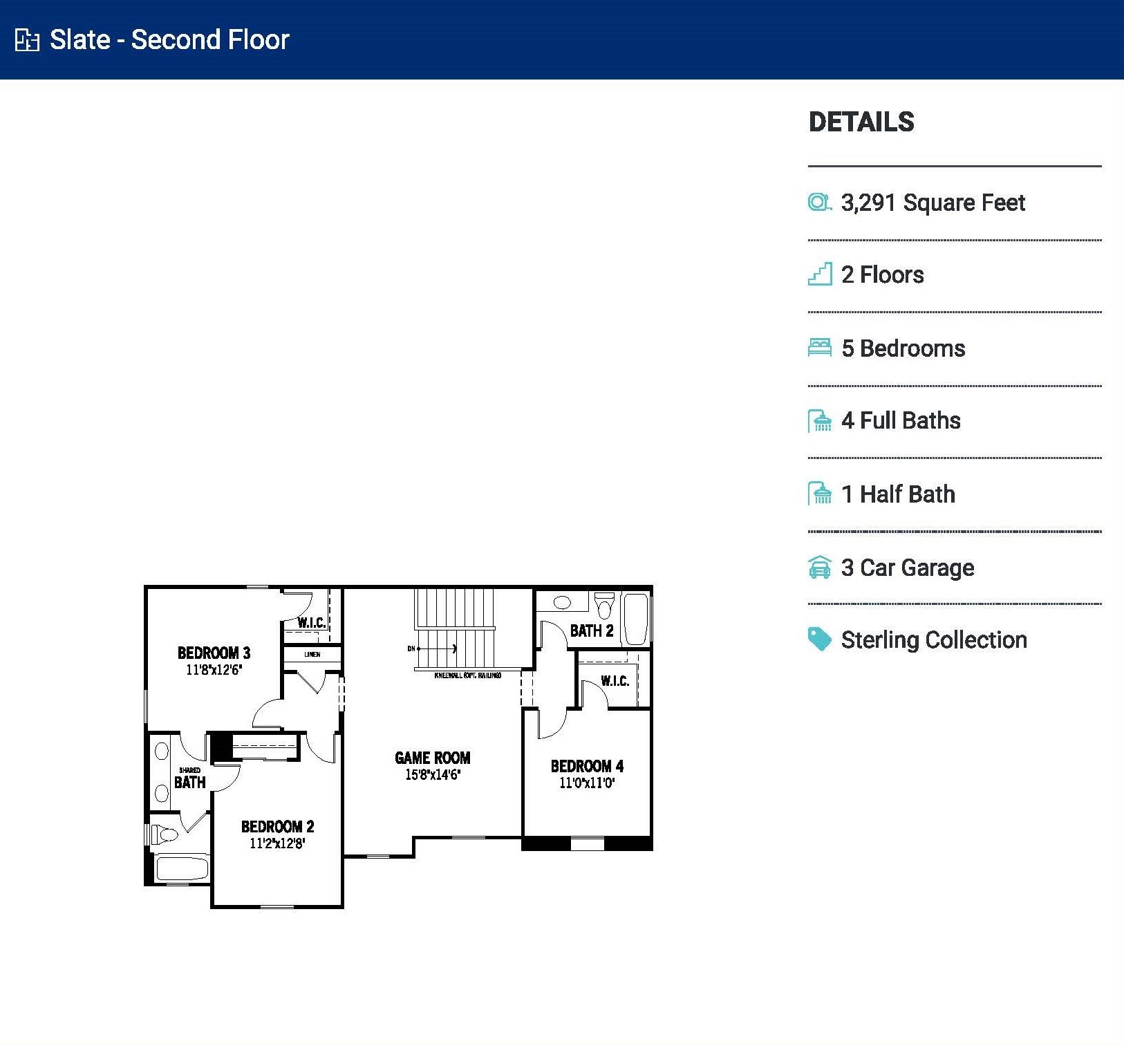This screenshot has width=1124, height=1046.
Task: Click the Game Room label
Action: [432, 758]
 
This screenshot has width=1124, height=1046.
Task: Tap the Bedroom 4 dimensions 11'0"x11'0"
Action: [587, 783]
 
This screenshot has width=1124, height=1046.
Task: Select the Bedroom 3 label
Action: [214, 653]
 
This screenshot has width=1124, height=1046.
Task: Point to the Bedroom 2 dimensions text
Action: [277, 843]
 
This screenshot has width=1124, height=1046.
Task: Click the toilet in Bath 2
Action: [605, 606]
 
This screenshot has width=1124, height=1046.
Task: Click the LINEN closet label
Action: [312, 654]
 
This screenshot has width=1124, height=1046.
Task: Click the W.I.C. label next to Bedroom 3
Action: [312, 622]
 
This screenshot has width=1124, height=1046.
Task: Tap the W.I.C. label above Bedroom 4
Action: [615, 681]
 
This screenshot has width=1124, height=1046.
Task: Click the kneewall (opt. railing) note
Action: [467, 675]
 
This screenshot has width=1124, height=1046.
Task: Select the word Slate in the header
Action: [79, 39]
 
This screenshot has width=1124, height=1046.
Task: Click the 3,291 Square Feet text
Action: [933, 203]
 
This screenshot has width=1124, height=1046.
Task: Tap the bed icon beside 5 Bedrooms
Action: [820, 347]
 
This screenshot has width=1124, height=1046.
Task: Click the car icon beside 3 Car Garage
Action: [820, 568]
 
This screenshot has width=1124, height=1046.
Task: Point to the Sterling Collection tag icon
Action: [820, 639]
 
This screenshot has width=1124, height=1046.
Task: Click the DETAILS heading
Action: [861, 122]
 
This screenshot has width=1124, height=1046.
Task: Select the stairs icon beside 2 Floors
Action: [820, 274]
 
